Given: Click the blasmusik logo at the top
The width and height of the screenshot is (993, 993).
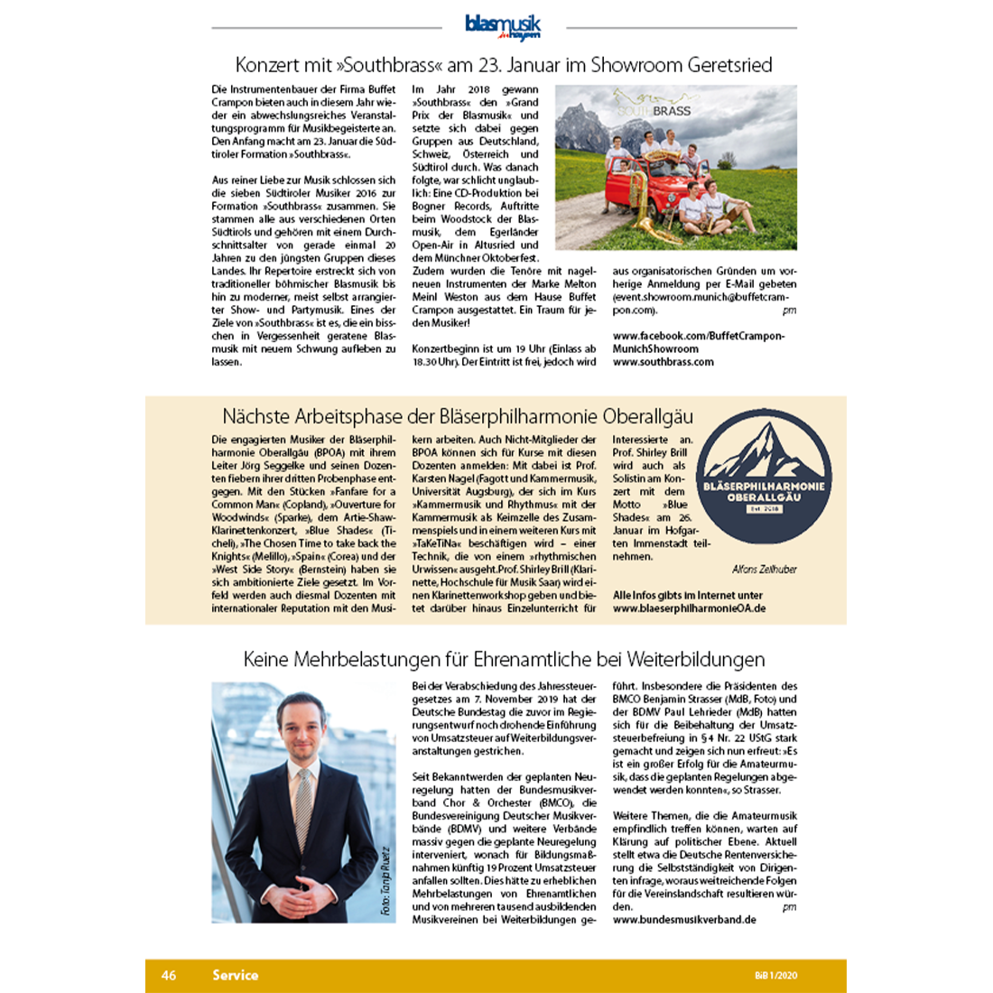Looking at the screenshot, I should (x=503, y=26).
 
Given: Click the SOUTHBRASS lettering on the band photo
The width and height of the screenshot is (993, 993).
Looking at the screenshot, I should (x=654, y=111).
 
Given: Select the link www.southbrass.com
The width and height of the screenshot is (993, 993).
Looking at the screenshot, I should (x=663, y=362).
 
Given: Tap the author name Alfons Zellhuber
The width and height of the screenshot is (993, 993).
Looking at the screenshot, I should (x=764, y=570).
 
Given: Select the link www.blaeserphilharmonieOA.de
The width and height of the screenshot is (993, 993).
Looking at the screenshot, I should (x=689, y=608).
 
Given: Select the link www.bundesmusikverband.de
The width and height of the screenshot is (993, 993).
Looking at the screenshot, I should (x=684, y=920).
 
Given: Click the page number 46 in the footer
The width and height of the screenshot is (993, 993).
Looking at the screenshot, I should (x=169, y=975).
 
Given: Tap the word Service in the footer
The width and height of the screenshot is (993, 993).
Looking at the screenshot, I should (x=235, y=975).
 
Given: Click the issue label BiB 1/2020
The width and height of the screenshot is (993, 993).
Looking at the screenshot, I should (x=776, y=976).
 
